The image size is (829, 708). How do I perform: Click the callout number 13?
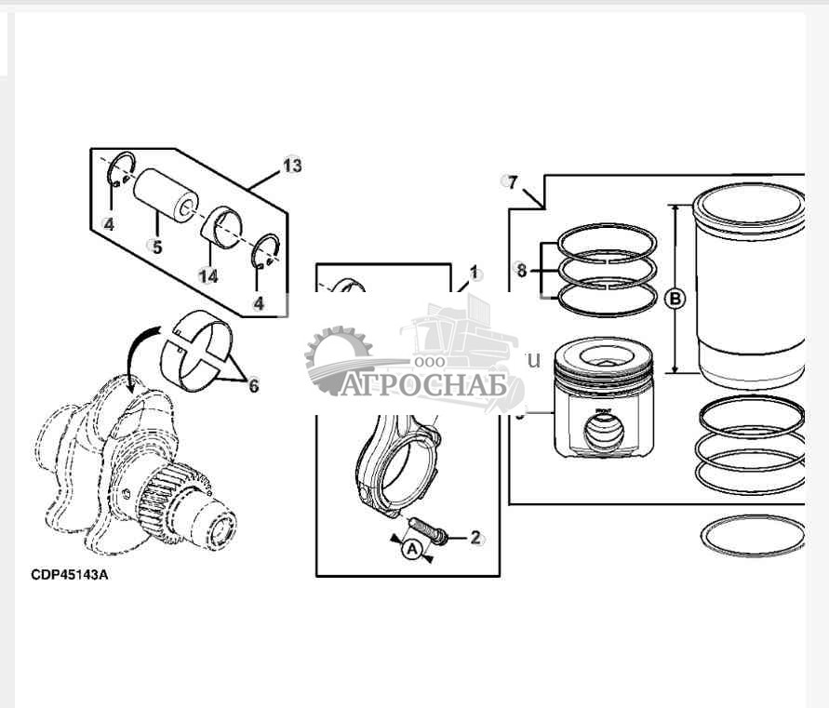tap(292, 166)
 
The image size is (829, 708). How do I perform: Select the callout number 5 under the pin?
tap(157, 247)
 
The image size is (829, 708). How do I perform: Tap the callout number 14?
tap(207, 275)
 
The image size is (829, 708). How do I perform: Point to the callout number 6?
tap(253, 384)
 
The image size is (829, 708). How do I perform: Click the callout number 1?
tap(474, 273)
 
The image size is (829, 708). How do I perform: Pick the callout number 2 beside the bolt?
tap(475, 536)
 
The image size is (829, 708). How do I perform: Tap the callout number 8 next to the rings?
tap(521, 271)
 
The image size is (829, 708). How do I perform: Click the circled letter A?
tap(410, 550)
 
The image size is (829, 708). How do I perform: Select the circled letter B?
tap(675, 299)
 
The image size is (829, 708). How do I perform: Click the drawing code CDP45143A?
tap(70, 574)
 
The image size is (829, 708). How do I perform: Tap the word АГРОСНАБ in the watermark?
tap(424, 385)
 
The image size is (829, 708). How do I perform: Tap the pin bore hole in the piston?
tap(600, 432)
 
